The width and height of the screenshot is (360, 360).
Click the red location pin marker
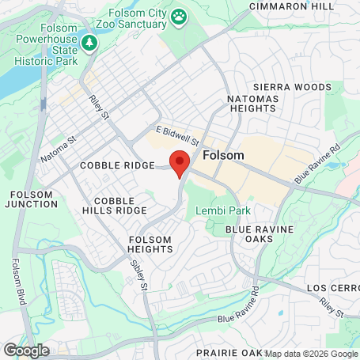pyautogui.click(x=180, y=162)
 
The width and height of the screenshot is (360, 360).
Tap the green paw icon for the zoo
pyautogui.click(x=180, y=15)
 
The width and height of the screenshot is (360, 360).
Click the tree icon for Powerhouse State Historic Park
pyautogui.click(x=89, y=42)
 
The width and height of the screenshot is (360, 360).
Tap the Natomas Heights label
pyautogui.click(x=272, y=106)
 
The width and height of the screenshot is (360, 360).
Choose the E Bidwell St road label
pyautogui.click(x=176, y=131)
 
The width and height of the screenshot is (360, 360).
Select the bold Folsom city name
pyautogui.click(x=222, y=155)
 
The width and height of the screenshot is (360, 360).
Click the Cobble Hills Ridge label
pyautogui.click(x=120, y=206)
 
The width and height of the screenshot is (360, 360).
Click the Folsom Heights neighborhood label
pyautogui.click(x=150, y=244)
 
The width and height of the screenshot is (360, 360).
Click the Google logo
pyautogui.click(x=26, y=350)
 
